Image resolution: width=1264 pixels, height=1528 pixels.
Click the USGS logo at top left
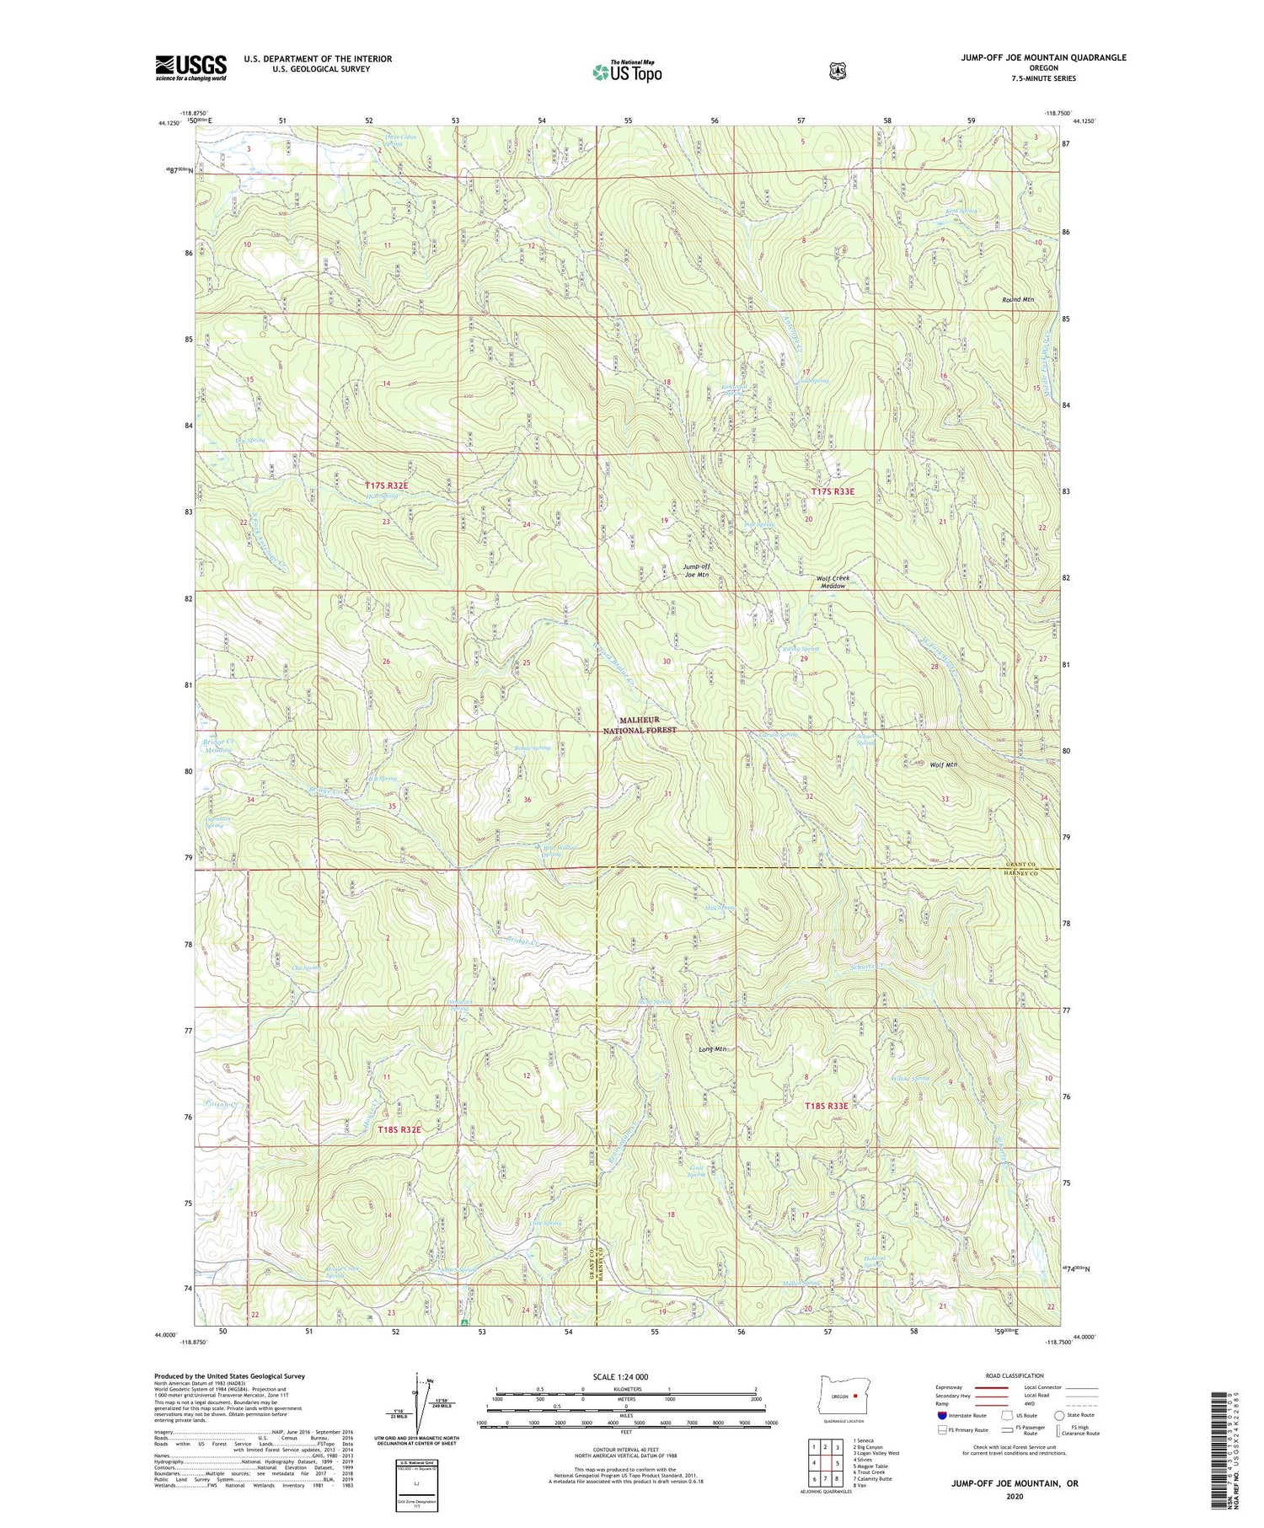(x=190, y=67)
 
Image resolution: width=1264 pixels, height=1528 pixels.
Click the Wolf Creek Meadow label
(x=833, y=582)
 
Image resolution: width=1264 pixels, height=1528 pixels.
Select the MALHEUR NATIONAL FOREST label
(x=647, y=726)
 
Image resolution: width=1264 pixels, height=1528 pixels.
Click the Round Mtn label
(x=1018, y=299)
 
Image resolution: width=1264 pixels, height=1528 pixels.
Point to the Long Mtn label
(x=712, y=1049)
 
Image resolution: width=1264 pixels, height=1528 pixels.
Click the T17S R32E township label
(x=387, y=485)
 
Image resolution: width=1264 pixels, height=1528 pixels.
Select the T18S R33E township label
(x=825, y=1106)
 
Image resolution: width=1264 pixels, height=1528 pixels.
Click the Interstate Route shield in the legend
(x=942, y=1415)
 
